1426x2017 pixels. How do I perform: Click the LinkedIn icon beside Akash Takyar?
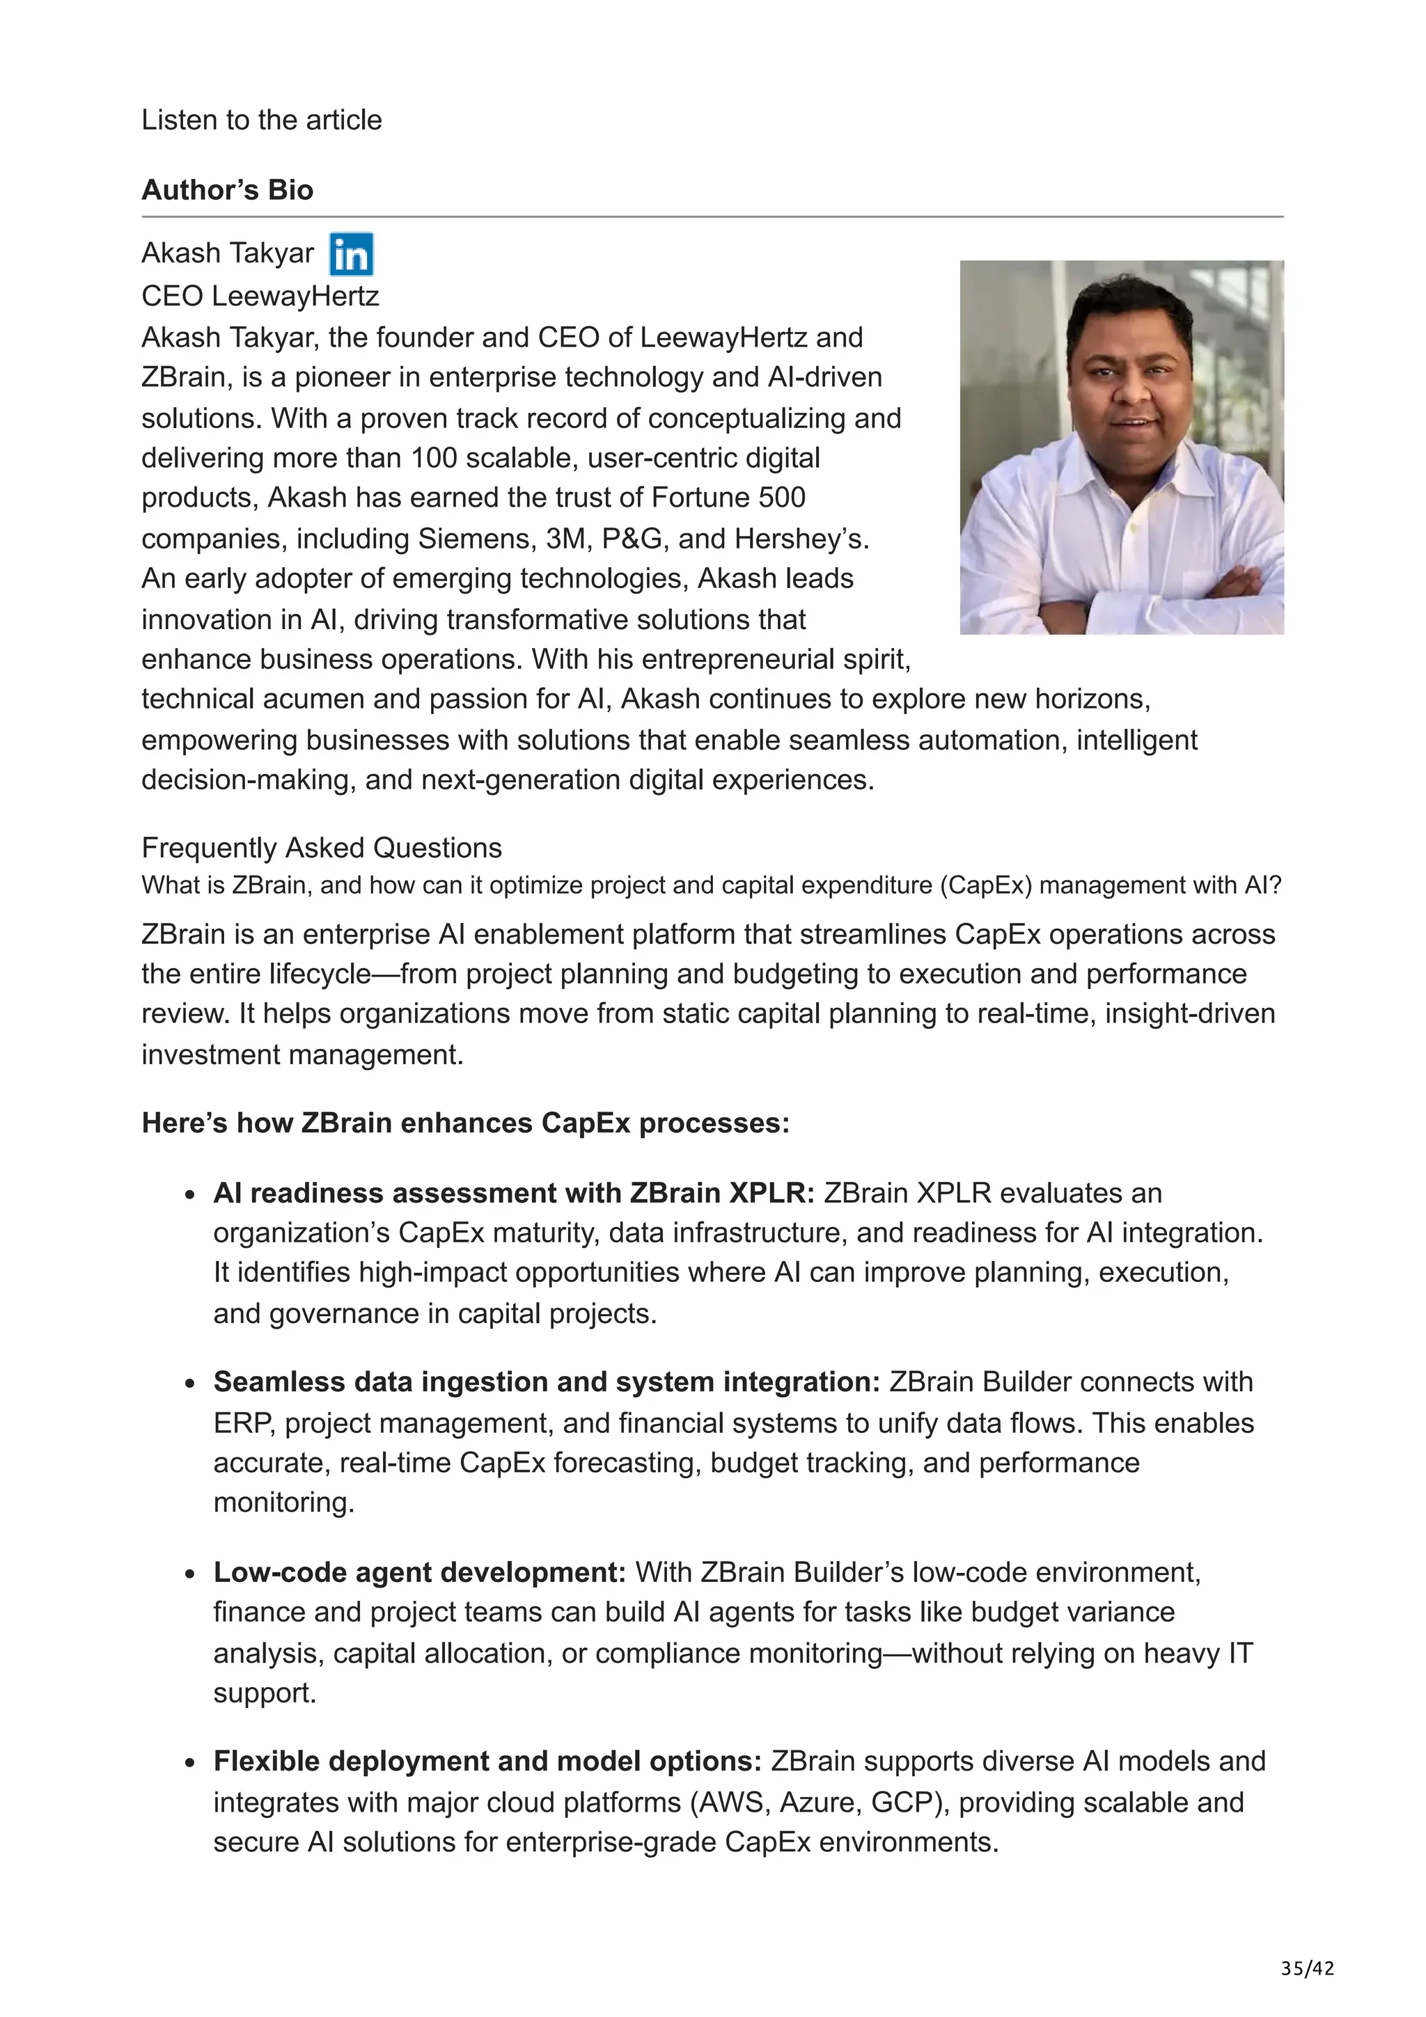tap(350, 254)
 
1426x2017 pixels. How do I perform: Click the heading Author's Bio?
tap(227, 190)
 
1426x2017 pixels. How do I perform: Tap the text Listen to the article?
tap(261, 120)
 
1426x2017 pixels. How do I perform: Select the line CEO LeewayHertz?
tap(260, 295)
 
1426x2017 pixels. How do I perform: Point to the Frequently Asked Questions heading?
tap(322, 848)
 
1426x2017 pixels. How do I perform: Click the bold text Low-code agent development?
tap(419, 1572)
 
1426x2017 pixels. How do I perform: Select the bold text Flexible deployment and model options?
tap(487, 1762)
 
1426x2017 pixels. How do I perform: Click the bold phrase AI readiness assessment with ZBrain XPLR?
tap(514, 1193)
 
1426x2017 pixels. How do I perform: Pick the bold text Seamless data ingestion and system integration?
tap(546, 1382)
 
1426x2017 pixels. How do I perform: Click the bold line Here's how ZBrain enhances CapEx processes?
tap(466, 1123)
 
